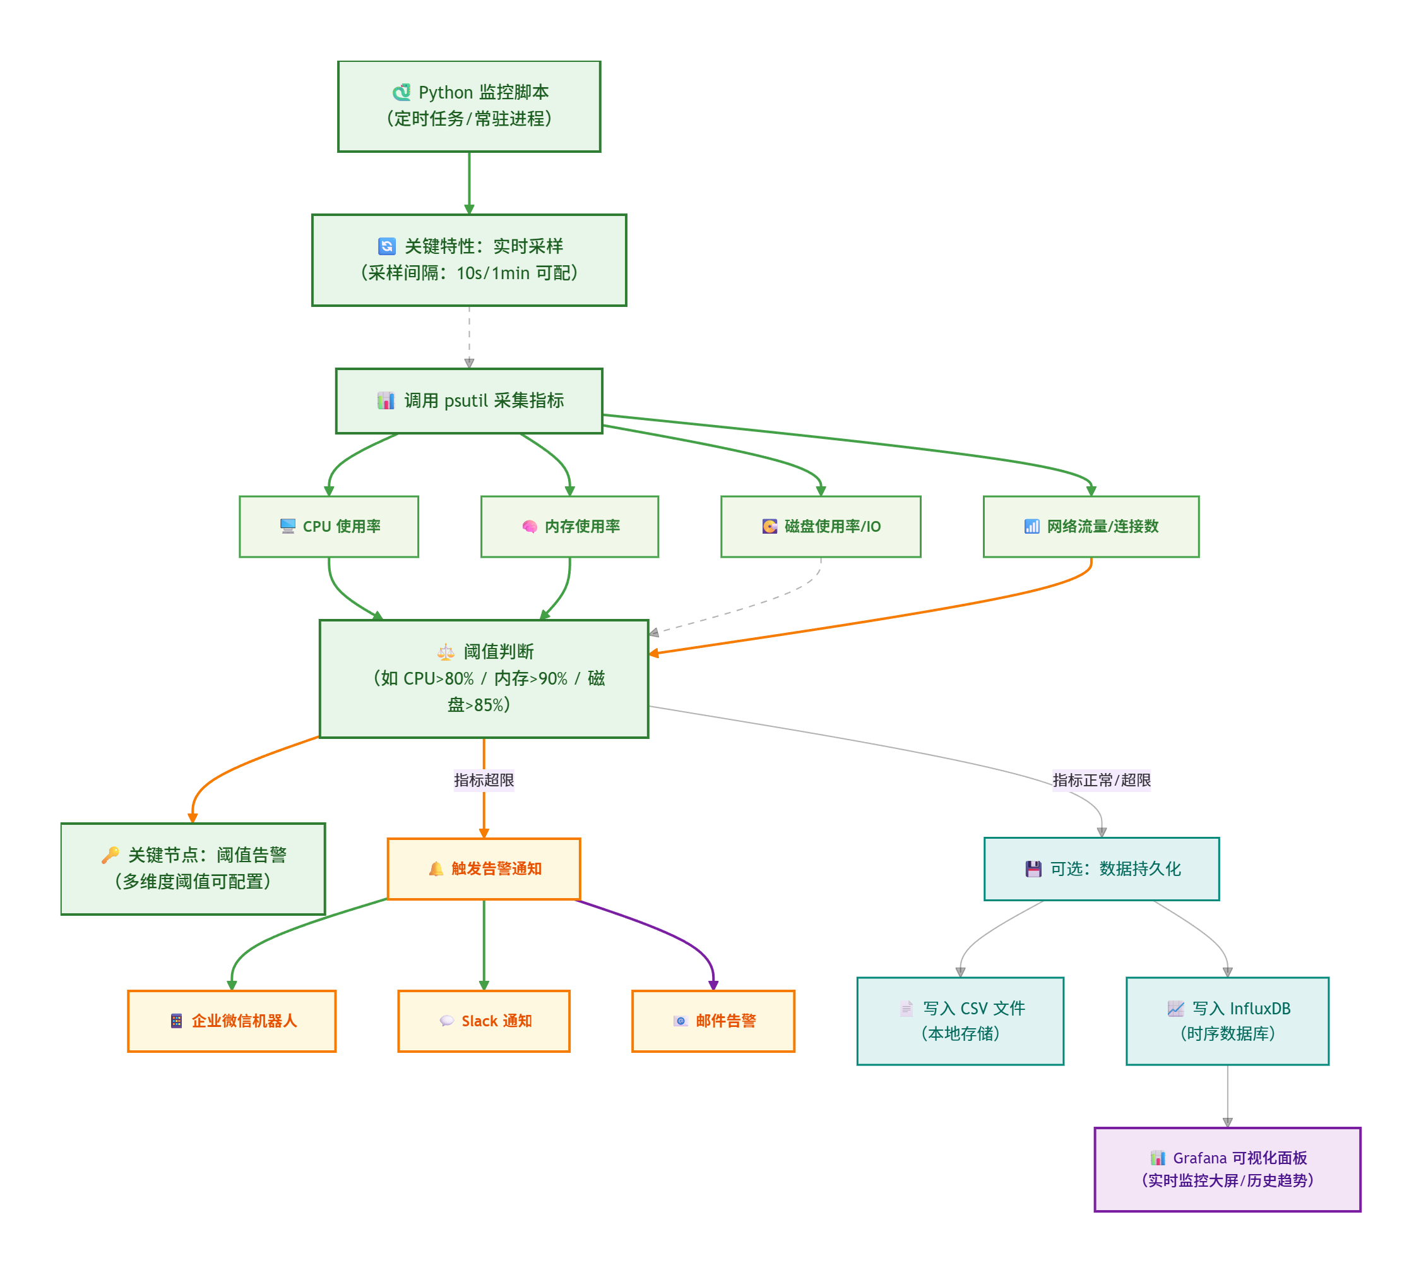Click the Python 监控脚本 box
pos(469,106)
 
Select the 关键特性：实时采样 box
pos(469,260)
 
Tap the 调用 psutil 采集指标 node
pos(469,400)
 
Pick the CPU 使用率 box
pos(328,526)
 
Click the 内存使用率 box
pos(569,526)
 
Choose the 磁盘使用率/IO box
pos(820,526)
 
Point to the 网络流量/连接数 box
pos(1091,526)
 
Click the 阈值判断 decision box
pos(484,678)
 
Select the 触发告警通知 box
pos(484,868)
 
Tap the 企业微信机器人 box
pos(231,1021)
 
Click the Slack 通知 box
pos(484,1021)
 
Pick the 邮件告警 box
pos(713,1021)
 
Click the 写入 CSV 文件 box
pos(960,1021)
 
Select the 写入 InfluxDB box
pos(1227,1021)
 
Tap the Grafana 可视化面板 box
pos(1227,1168)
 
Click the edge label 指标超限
pos(484,780)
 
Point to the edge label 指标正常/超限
pos(1101,780)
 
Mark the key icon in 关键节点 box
pos(110,855)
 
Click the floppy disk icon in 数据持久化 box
pos(1033,868)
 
